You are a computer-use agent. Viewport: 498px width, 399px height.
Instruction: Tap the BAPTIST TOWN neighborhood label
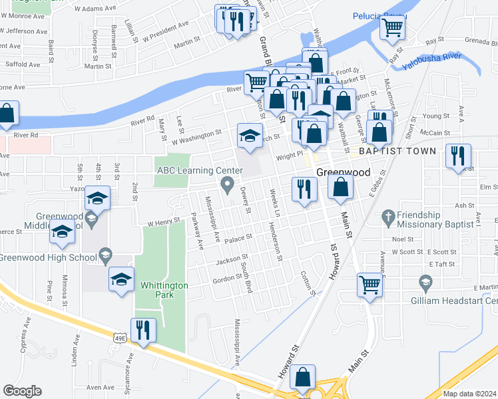(397, 152)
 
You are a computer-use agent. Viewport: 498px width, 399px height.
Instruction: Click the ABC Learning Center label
(199, 170)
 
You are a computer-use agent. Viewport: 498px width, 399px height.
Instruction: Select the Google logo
(22, 390)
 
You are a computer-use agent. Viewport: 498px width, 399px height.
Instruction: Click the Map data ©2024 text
(469, 394)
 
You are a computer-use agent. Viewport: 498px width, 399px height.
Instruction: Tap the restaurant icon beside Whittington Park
(143, 330)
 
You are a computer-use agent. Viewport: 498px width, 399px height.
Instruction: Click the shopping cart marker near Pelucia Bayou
(392, 27)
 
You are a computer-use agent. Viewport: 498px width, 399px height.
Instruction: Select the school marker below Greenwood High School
(121, 279)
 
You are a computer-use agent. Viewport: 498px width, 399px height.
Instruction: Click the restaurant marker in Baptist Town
(457, 156)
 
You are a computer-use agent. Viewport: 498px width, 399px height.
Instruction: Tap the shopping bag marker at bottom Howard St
(303, 376)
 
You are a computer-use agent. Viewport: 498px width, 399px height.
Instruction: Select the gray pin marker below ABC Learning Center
(228, 184)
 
